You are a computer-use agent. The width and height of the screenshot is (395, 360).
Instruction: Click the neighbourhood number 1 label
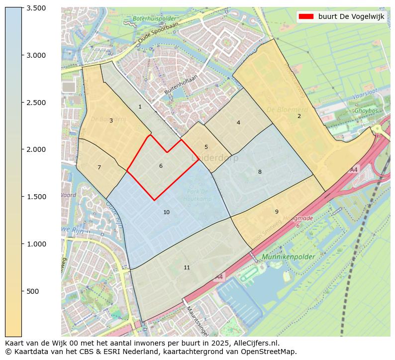pyautogui.click(x=140, y=107)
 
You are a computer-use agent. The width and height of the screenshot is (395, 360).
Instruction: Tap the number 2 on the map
pyautogui.click(x=299, y=117)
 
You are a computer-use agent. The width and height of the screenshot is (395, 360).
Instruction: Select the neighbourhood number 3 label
pyautogui.click(x=111, y=121)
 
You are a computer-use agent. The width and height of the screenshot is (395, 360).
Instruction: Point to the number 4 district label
pyautogui.click(x=238, y=123)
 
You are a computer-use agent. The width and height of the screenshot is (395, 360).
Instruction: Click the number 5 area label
pyautogui.click(x=206, y=147)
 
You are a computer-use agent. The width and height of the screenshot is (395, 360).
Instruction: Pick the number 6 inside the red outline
pyautogui.click(x=161, y=166)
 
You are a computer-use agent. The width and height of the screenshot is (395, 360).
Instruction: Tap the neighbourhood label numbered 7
pyautogui.click(x=99, y=168)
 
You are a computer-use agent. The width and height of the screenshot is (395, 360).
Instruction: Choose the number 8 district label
pyautogui.click(x=260, y=172)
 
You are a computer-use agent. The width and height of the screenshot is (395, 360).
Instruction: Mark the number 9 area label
pyautogui.click(x=277, y=212)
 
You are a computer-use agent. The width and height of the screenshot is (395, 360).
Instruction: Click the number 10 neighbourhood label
pyautogui.click(x=166, y=213)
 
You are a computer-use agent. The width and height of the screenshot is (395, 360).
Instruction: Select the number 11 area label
pyautogui.click(x=187, y=268)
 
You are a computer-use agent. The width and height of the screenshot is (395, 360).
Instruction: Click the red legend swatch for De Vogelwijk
pyautogui.click(x=305, y=16)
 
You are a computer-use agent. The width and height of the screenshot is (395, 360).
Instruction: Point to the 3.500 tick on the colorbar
pyautogui.click(x=36, y=8)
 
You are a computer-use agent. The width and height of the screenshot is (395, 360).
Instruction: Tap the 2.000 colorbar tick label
pyautogui.click(x=36, y=149)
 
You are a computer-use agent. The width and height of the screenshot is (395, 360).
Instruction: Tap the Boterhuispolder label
pyautogui.click(x=150, y=19)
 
